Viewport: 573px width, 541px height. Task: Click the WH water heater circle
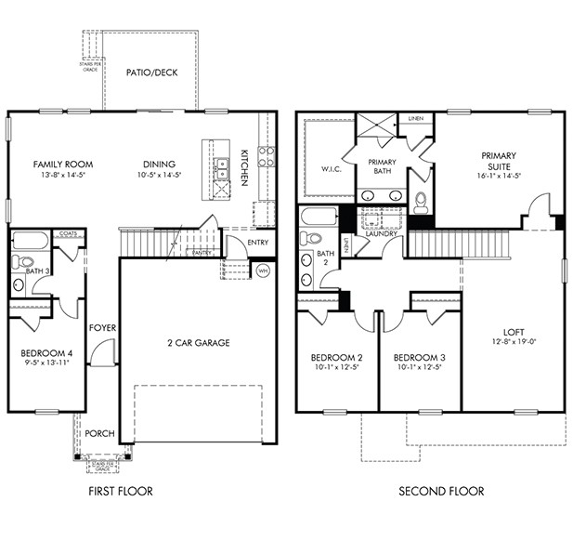coord(262,270)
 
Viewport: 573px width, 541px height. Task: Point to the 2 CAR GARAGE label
coord(199,343)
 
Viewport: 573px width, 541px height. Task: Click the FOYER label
coord(102,328)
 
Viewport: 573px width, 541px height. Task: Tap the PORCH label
coord(99,434)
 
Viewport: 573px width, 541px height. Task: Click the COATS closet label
coord(67,234)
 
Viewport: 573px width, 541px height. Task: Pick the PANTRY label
coord(202,252)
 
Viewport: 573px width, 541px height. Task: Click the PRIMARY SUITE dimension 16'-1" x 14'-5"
coord(499,175)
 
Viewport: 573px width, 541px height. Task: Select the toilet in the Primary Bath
coord(421,201)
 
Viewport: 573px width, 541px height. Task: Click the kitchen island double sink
coord(223,167)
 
